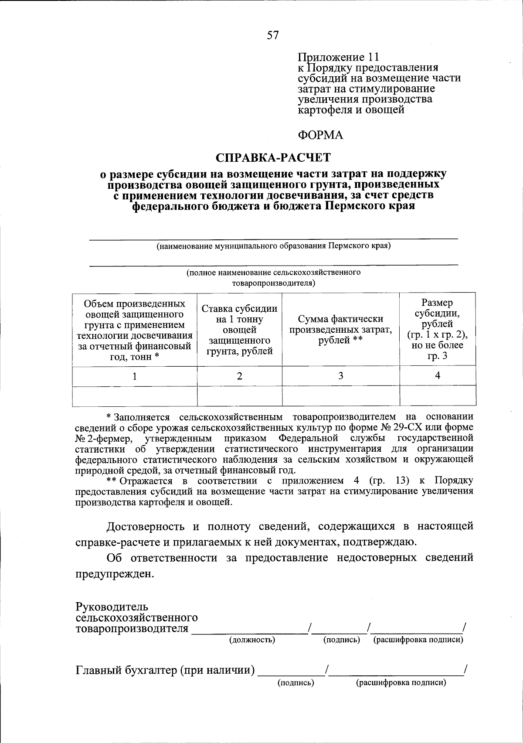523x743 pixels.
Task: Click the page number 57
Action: click(272, 36)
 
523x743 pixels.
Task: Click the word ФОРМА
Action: click(320, 136)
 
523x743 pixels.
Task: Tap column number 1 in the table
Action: click(135, 376)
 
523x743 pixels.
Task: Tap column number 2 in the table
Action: click(239, 376)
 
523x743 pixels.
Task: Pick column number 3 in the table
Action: click(340, 376)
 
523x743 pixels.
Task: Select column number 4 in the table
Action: click(438, 376)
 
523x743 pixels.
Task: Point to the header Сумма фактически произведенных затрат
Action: click(340, 330)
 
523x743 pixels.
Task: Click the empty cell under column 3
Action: click(340, 396)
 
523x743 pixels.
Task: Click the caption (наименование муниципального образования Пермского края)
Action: click(274, 246)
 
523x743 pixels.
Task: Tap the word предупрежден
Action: click(115, 574)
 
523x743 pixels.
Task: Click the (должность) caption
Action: click(252, 640)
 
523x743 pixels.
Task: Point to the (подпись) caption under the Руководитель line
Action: click(341, 640)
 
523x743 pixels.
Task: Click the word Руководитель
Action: click(112, 607)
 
